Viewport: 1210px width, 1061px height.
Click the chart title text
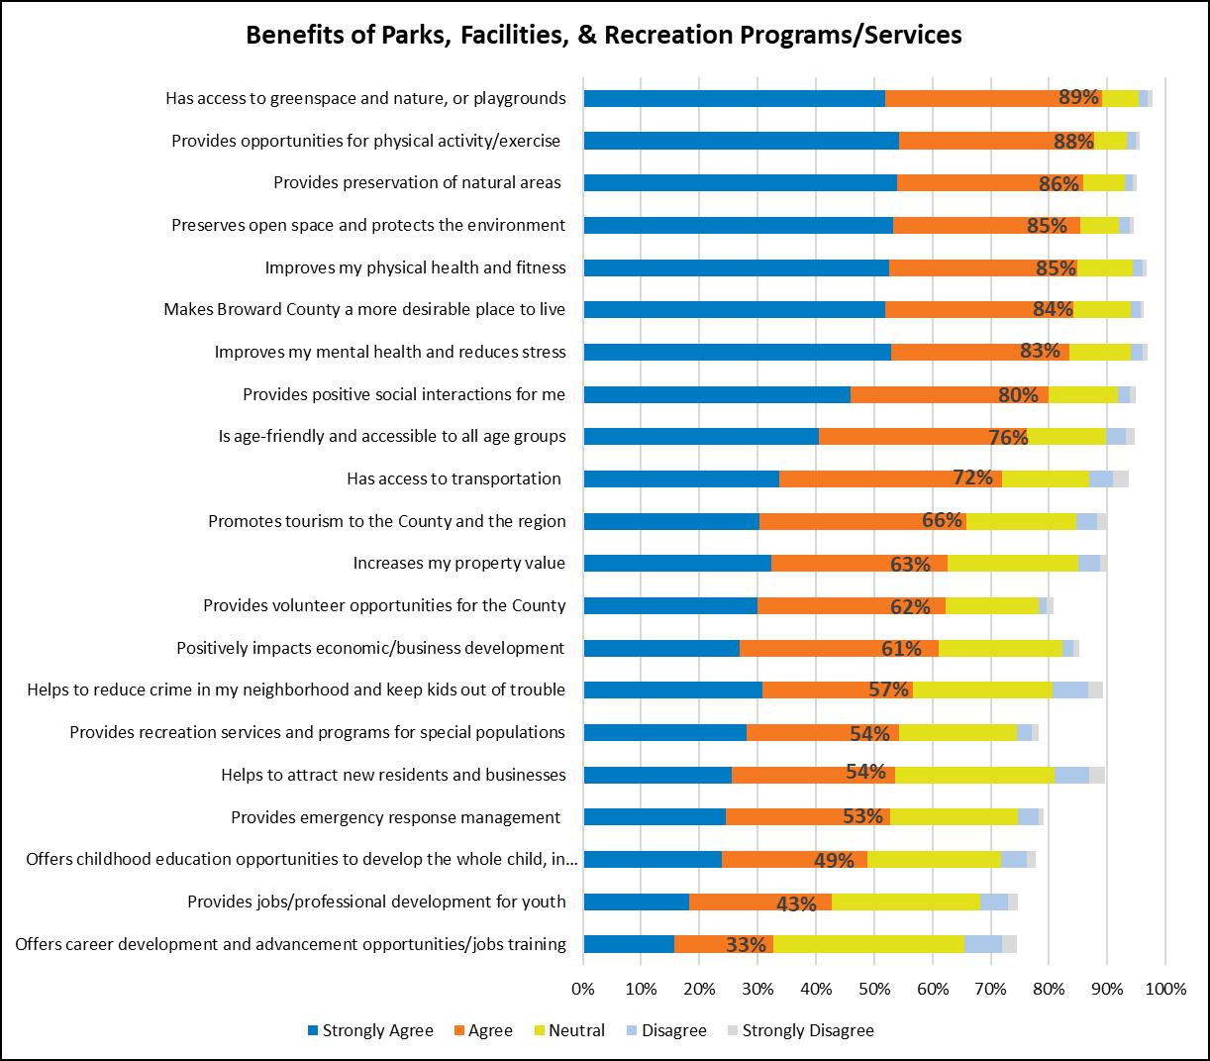pos(604,35)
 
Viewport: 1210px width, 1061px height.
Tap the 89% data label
pos(1078,97)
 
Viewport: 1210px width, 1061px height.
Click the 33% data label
pos(746,944)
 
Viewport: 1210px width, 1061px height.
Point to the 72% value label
pos(972,477)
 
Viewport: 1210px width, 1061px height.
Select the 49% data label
pos(834,860)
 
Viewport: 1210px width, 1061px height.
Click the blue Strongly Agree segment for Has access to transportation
pos(681,478)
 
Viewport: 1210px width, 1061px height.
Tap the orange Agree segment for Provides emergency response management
pos(807,817)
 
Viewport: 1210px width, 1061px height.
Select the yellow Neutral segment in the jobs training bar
pos(868,944)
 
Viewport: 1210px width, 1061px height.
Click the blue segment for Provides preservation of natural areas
pos(740,182)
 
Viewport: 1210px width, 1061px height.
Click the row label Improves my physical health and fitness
pos(415,267)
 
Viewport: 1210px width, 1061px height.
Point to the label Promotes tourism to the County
pos(386,521)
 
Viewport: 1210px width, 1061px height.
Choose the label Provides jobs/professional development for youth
pos(376,902)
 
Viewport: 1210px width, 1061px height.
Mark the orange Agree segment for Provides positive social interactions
pos(949,394)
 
